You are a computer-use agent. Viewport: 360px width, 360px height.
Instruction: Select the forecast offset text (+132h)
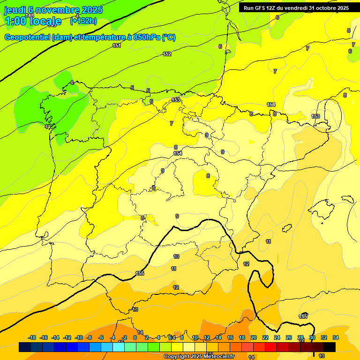point(83,21)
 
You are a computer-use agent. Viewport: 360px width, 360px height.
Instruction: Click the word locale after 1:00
point(45,21)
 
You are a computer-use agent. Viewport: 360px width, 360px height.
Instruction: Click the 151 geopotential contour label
point(117,45)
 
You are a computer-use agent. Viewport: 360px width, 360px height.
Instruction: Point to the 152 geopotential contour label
point(167,54)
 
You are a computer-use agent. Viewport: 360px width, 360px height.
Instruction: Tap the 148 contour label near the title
point(30,15)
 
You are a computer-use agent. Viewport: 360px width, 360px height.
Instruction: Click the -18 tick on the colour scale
point(32,337)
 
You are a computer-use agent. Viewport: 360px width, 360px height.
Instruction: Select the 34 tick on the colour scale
point(336,337)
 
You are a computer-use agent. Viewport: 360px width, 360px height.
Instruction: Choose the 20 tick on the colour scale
point(254,337)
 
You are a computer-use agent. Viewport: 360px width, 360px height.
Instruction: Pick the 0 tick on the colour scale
point(135,337)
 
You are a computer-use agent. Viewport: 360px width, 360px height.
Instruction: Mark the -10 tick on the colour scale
point(79,337)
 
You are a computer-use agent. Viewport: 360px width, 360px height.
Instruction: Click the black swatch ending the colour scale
point(330,347)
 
